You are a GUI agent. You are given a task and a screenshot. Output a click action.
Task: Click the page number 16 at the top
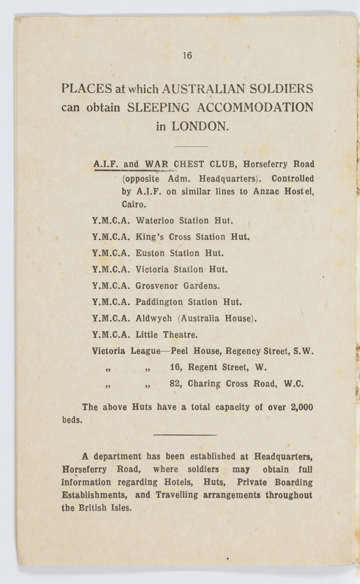click(x=187, y=55)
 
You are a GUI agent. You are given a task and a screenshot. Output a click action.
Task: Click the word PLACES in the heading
click(x=86, y=89)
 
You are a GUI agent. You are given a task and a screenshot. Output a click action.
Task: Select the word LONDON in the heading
click(x=200, y=126)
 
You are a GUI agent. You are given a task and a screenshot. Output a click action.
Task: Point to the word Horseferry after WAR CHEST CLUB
click(x=265, y=165)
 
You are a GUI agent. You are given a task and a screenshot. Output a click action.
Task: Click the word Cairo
click(x=133, y=205)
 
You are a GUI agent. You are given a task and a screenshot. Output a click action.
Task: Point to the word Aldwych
click(x=154, y=319)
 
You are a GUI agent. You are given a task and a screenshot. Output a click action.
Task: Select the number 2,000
click(x=301, y=407)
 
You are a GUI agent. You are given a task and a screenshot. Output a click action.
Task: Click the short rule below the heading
click(x=191, y=146)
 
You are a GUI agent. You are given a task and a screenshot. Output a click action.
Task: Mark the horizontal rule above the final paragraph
click(x=184, y=435)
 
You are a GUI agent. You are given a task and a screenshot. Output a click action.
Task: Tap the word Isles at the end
click(x=120, y=508)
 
